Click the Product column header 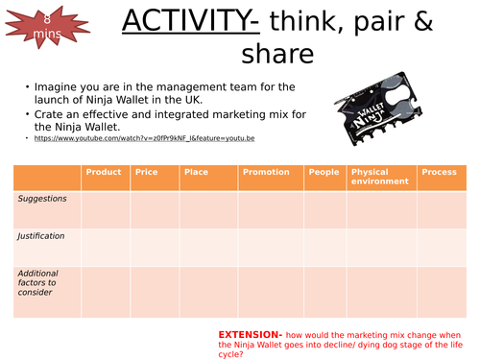[x=104, y=172]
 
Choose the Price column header [x=147, y=172]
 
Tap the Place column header [x=196, y=172]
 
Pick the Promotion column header [x=266, y=172]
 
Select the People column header [x=324, y=172]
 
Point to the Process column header [x=440, y=172]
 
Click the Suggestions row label [x=43, y=198]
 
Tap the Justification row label [x=43, y=234]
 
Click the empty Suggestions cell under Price [x=155, y=209]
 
